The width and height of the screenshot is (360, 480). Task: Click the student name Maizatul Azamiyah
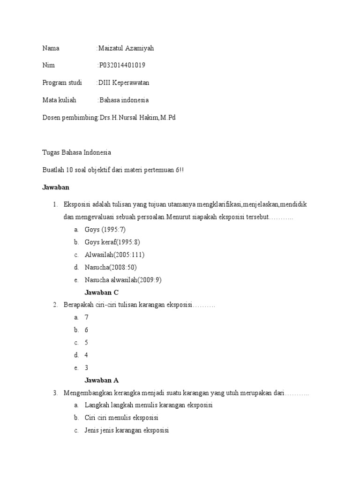(x=126, y=48)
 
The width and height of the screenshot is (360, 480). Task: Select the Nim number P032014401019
(x=125, y=66)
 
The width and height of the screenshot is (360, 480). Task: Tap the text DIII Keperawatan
(x=124, y=83)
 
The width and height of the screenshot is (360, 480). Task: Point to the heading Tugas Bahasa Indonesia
(x=77, y=152)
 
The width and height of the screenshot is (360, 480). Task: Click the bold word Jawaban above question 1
(x=56, y=187)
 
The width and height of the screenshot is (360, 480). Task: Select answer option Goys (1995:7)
(x=105, y=230)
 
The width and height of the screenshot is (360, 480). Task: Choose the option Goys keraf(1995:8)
(x=112, y=242)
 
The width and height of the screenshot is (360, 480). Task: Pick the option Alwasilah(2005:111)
(x=114, y=255)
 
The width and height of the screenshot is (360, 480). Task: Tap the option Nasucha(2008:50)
(x=111, y=268)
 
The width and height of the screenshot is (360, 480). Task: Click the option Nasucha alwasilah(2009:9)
(x=123, y=280)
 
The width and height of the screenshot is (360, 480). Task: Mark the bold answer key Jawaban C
(x=105, y=292)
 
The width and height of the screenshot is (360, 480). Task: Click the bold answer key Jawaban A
(x=105, y=381)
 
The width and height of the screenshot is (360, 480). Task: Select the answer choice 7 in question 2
(x=87, y=317)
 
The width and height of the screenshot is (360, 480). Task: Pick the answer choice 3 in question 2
(x=87, y=368)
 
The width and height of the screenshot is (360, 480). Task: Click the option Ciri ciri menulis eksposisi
(x=121, y=418)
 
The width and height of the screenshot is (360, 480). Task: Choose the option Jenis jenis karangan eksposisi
(x=127, y=430)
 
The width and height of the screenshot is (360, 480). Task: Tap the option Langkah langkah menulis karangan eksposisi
(x=149, y=405)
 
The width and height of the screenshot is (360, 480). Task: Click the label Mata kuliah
(x=59, y=100)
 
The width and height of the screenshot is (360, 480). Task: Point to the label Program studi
(x=62, y=83)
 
